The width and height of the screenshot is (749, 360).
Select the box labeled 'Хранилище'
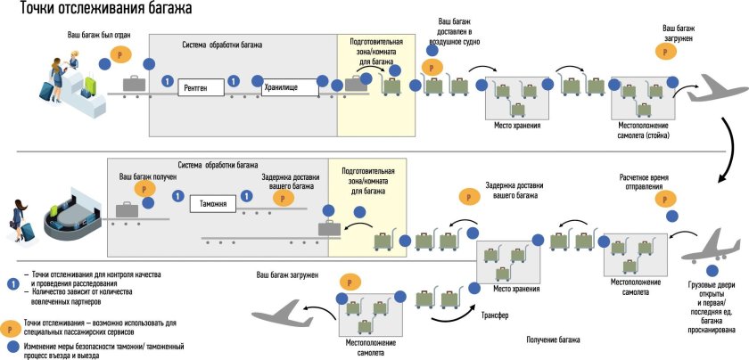(290, 87)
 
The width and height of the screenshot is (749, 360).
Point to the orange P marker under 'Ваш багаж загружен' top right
(668, 53)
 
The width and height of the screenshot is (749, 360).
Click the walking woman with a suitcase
(21, 219)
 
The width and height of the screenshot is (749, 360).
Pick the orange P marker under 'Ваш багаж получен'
(140, 189)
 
